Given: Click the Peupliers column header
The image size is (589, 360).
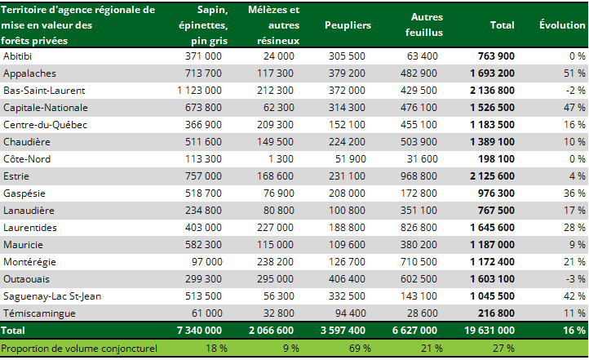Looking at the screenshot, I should click(x=348, y=25).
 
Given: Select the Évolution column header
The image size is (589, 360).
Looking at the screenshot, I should click(x=562, y=25).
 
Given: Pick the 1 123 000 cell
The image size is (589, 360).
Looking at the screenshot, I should click(x=199, y=90).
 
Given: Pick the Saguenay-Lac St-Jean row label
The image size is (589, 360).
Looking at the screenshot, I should click(x=52, y=296).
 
